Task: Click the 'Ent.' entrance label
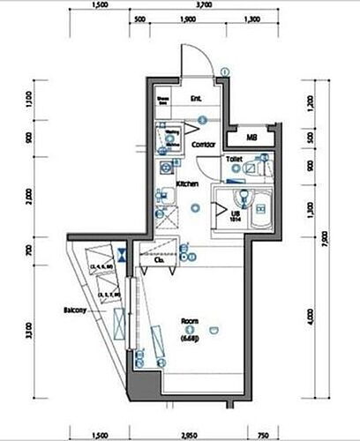[195, 98]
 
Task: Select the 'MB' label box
[251, 138]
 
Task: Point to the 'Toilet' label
[234, 159]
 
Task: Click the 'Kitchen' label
[186, 183]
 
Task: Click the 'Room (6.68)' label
[190, 326]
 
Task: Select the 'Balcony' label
[74, 310]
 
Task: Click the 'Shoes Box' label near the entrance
[162, 100]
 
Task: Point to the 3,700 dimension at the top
[206, 4]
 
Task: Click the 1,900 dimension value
[187, 19]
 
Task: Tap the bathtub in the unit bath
[258, 209]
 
